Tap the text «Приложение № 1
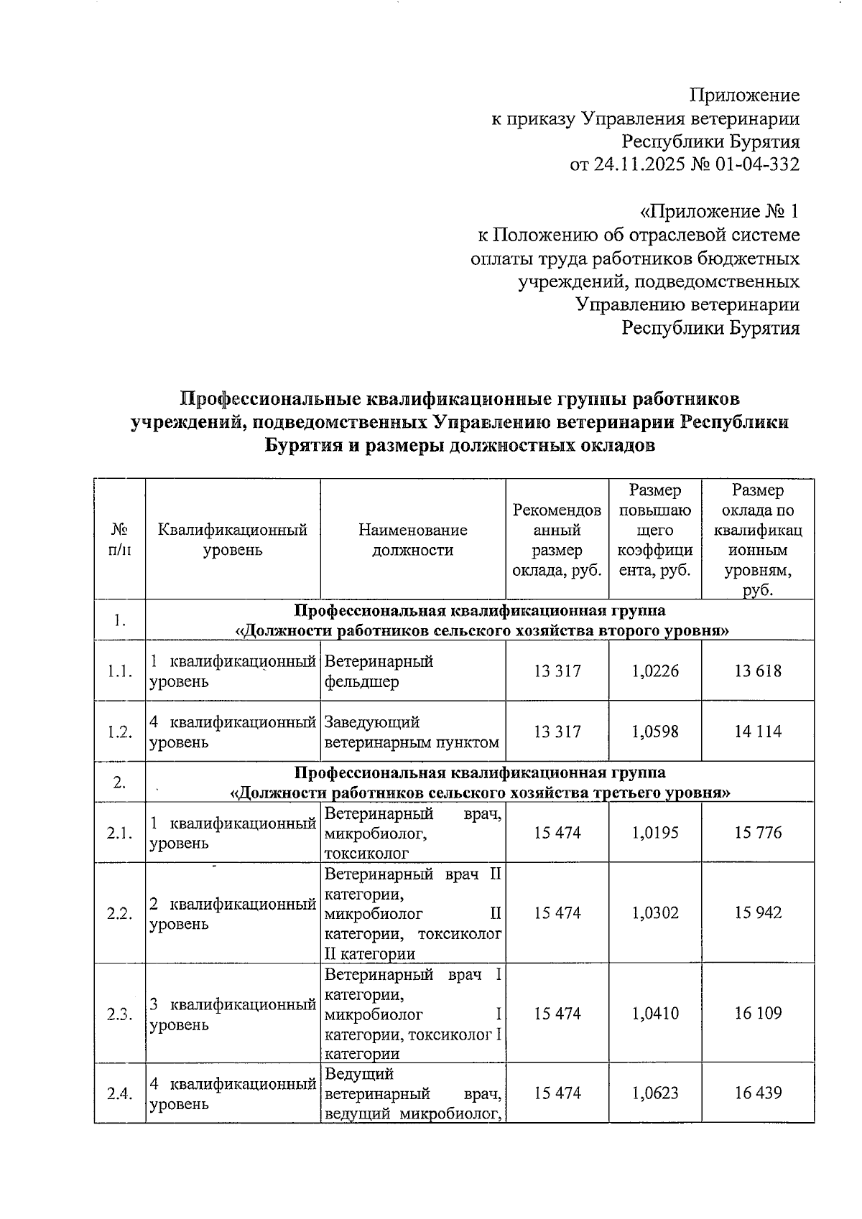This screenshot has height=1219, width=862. click(719, 212)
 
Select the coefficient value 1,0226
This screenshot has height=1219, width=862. click(655, 671)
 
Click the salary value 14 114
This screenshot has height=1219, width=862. click(758, 732)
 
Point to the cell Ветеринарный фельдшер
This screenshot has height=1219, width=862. click(379, 671)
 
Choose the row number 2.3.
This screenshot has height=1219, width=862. click(119, 1014)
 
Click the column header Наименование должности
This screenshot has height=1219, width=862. click(412, 540)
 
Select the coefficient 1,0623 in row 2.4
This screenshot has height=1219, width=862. click(655, 1093)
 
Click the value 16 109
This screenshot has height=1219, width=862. click(758, 1013)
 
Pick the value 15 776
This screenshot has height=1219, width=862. click(758, 833)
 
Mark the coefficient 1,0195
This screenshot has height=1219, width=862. click(655, 833)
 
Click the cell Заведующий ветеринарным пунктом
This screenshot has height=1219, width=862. click(412, 732)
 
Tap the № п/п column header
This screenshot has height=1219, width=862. click(119, 540)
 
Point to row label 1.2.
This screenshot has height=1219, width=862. click(119, 732)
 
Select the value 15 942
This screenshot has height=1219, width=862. click(758, 912)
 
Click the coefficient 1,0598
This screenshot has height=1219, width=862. click(655, 732)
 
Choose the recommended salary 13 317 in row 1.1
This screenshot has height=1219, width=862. click(557, 671)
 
